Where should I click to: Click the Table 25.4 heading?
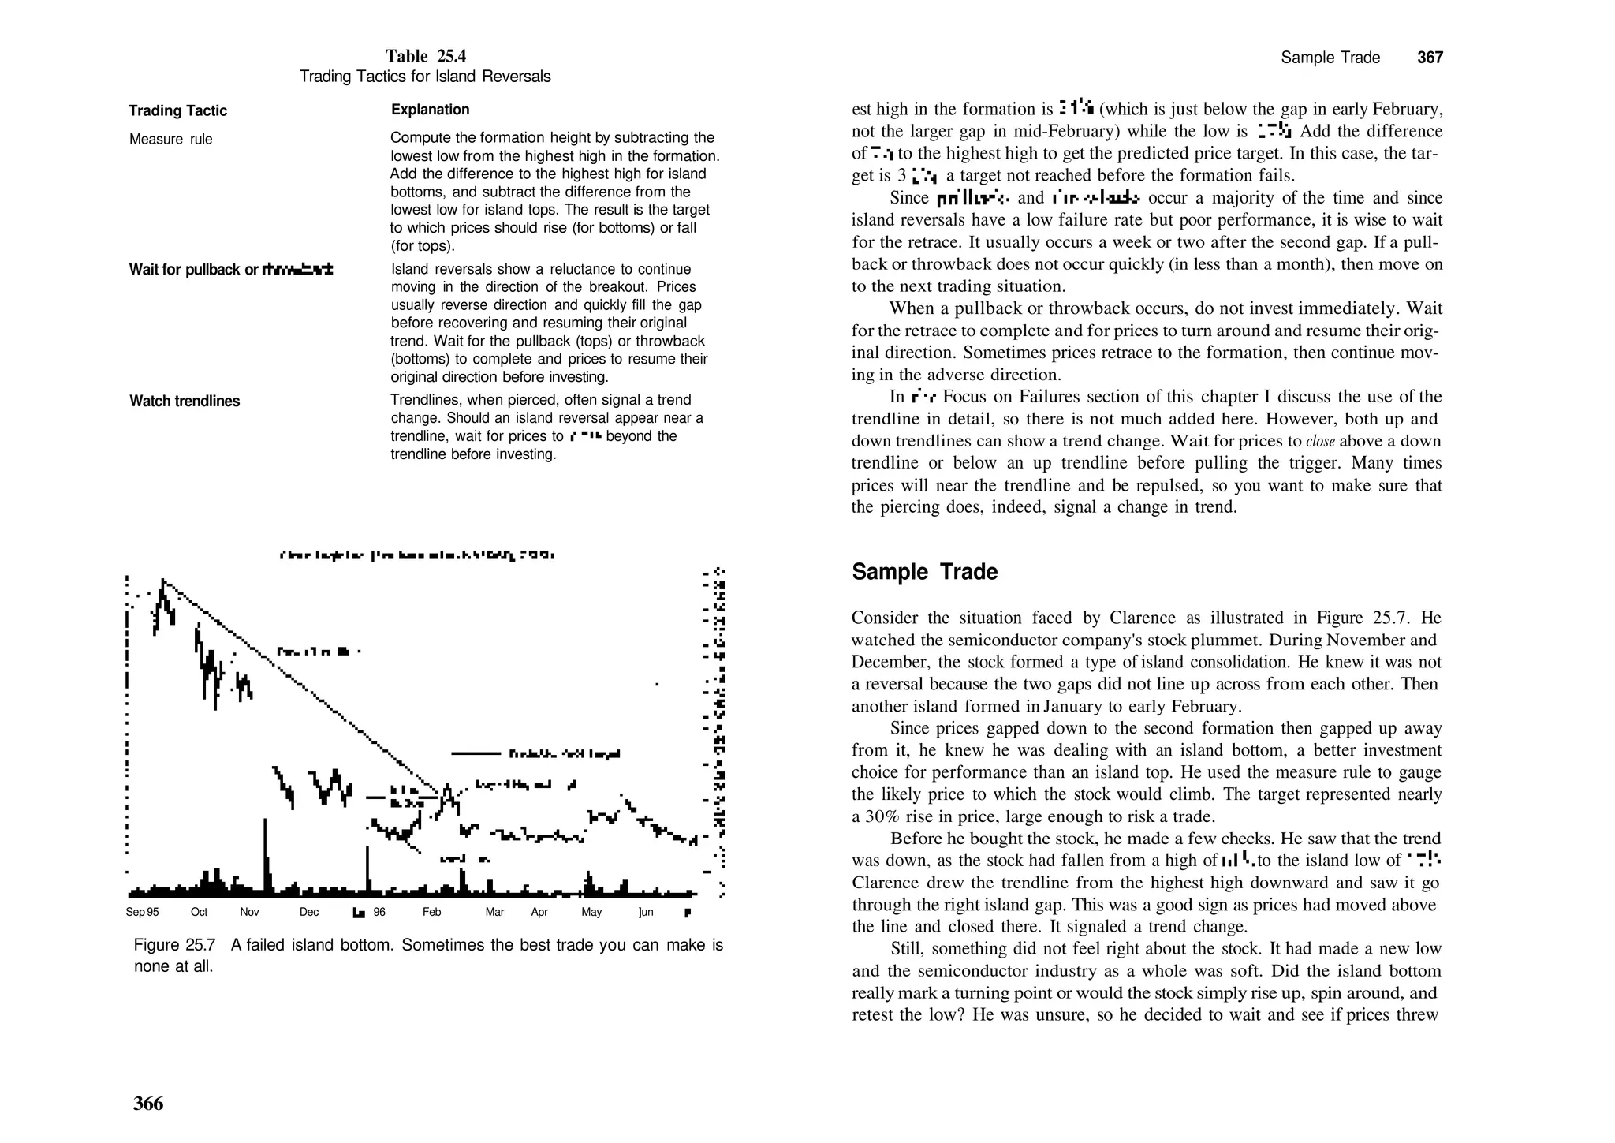[x=426, y=56]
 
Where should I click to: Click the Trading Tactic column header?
[x=177, y=110]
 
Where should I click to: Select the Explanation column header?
[x=430, y=110]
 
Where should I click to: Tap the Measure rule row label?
[x=170, y=140]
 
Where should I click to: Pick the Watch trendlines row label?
[x=184, y=401]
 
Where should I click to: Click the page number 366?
[x=148, y=1103]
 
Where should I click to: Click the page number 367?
[x=1430, y=58]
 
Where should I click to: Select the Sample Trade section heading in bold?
[x=924, y=572]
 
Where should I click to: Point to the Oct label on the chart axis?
[x=199, y=912]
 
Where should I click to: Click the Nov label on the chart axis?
[x=249, y=912]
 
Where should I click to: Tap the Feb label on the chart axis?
[x=431, y=912]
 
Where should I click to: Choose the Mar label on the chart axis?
[x=494, y=912]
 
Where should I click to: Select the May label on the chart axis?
[x=591, y=912]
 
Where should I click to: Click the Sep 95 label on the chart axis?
[x=142, y=912]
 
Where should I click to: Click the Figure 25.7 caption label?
[x=174, y=945]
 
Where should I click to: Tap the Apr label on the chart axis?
[x=539, y=912]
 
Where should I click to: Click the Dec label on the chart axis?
[x=309, y=912]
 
